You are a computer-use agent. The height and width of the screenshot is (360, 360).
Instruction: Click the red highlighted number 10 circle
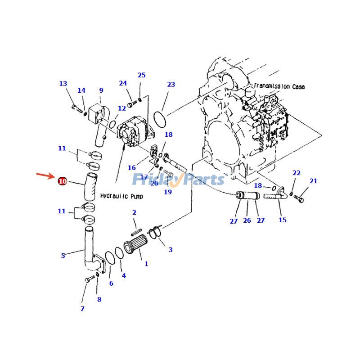point(63,181)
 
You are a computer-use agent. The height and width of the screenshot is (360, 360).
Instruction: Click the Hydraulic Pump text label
point(121,196)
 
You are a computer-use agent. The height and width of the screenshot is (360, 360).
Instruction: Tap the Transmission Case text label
point(279,86)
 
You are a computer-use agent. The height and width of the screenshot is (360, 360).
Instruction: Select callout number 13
point(63,84)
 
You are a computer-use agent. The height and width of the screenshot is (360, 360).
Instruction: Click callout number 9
point(101,90)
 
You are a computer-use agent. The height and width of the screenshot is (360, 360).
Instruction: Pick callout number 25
point(142,75)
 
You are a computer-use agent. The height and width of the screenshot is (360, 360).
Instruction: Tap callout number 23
point(171,85)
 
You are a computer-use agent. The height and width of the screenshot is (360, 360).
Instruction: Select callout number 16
point(131,168)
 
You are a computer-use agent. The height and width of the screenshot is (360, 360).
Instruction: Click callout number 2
point(134,212)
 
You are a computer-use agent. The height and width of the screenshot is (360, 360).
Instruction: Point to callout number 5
point(63,256)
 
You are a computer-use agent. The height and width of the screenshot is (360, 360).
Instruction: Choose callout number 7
point(82,309)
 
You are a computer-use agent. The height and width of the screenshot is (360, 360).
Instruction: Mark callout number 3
point(170,250)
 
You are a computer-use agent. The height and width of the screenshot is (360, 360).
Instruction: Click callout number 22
point(296,173)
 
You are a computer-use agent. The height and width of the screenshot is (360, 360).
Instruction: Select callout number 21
point(313,181)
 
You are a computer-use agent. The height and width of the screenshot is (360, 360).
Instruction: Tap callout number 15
point(282,220)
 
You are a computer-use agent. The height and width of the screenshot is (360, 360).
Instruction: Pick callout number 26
point(247,220)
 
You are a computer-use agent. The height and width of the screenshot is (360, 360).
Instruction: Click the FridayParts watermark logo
point(178,180)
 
